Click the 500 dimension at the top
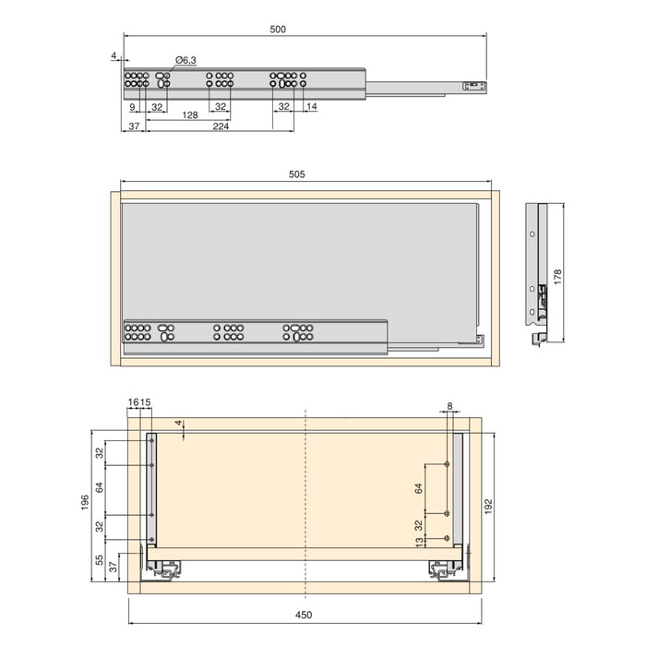pos(278,30)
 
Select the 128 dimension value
pos(190,115)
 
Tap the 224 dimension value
pos(221,126)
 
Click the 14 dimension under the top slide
pos(311,107)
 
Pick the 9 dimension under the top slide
pos(133,107)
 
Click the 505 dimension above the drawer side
pos(296,173)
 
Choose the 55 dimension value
pos(100,560)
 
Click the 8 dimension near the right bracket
pos(449,406)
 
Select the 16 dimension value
pos(135,403)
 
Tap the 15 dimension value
pos(146,403)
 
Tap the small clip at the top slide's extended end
pos(471,86)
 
